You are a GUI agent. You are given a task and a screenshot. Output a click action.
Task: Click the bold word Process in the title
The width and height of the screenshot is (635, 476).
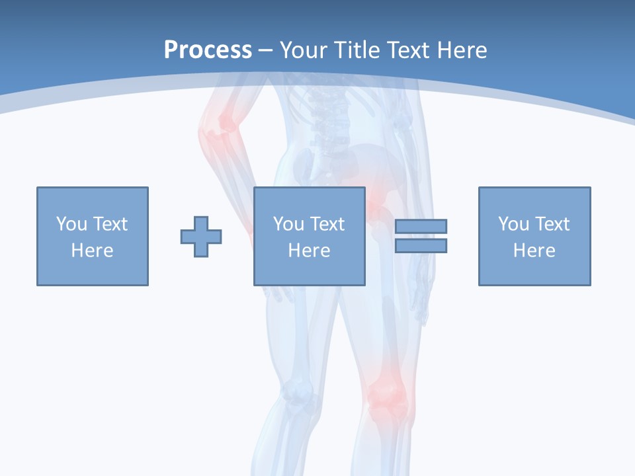(208, 50)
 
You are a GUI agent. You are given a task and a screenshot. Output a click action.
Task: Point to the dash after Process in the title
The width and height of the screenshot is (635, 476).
(265, 51)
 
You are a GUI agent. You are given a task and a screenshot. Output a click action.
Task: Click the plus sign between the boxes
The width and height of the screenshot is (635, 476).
(201, 237)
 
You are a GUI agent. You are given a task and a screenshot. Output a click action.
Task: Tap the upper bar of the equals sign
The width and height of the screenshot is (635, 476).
(421, 226)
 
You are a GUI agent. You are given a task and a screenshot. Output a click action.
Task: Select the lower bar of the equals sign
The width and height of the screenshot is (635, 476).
(421, 245)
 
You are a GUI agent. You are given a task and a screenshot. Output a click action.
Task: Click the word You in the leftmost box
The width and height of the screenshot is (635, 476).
(71, 224)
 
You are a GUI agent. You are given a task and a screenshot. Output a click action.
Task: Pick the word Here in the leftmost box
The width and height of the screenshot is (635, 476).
(92, 251)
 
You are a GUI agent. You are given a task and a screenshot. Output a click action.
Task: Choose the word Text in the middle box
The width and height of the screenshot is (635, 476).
(326, 224)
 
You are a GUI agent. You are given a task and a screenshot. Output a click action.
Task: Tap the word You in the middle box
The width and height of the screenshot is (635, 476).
(288, 224)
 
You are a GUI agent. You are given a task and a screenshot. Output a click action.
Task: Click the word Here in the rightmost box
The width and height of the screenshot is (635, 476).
(534, 251)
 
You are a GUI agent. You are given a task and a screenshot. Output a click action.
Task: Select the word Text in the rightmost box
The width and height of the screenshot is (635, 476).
(551, 224)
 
